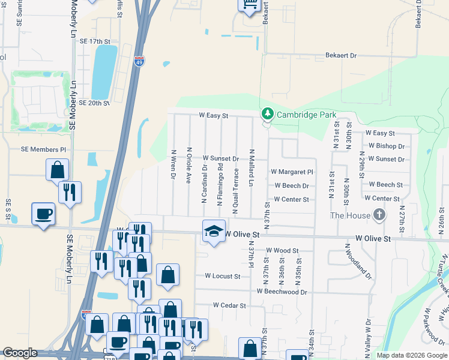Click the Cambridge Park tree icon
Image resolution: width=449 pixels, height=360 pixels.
pyautogui.click(x=267, y=114)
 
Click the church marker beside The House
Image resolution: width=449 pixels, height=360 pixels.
pyautogui.click(x=379, y=214)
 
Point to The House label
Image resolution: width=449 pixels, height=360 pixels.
pyautogui.click(x=351, y=215)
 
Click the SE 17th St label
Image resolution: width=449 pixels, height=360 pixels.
pyautogui.click(x=96, y=41)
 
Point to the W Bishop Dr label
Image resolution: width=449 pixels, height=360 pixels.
pyautogui.click(x=387, y=146)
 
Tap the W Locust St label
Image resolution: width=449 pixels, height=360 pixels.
pyautogui.click(x=222, y=277)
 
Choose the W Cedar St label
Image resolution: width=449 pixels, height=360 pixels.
pyautogui.click(x=230, y=305)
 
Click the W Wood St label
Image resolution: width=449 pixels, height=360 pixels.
pyautogui.click(x=282, y=250)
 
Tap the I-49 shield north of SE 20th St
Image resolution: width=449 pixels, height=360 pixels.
pyautogui.click(x=139, y=61)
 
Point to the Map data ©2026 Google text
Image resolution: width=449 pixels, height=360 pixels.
pyautogui.click(x=411, y=355)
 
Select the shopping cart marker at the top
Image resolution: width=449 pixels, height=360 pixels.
pyautogui.click(x=249, y=5)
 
